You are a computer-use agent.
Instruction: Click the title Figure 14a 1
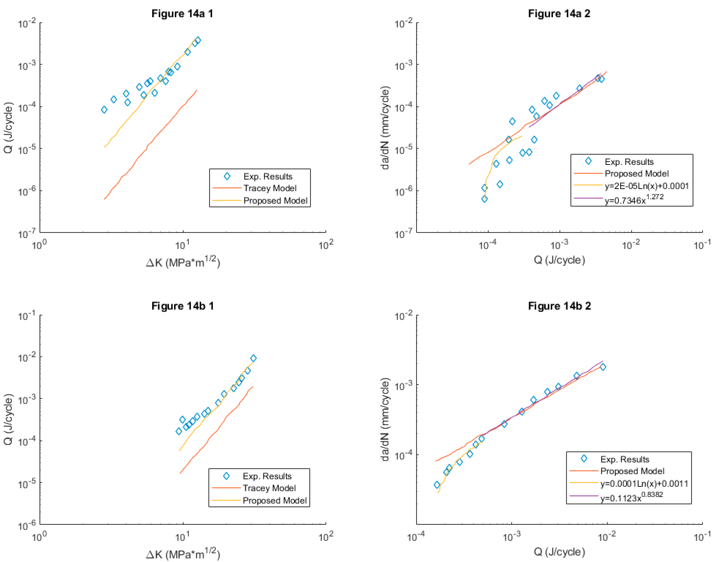(x=182, y=13)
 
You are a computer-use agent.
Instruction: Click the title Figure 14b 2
(x=559, y=306)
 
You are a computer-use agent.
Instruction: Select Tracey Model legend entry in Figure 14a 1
(x=270, y=188)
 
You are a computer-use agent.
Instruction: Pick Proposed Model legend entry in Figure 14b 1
(x=274, y=500)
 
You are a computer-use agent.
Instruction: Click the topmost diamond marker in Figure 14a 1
(x=198, y=40)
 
